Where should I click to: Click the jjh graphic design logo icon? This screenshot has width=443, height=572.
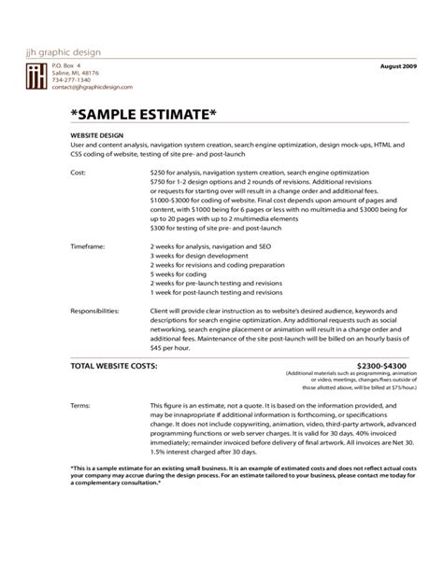click(36, 77)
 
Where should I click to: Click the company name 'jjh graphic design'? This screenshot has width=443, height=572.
click(63, 51)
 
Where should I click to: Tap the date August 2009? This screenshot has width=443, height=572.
click(400, 68)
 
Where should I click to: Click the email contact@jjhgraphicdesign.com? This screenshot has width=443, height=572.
click(92, 87)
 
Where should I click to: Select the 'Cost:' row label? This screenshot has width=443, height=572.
click(80, 173)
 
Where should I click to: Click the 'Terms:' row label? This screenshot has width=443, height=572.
click(82, 406)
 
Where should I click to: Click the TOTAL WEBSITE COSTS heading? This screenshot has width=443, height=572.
click(114, 366)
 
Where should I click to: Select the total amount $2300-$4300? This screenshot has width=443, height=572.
click(383, 367)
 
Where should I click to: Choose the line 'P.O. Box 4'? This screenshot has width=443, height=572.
click(66, 64)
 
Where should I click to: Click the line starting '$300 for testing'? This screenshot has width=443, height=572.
click(222, 227)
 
